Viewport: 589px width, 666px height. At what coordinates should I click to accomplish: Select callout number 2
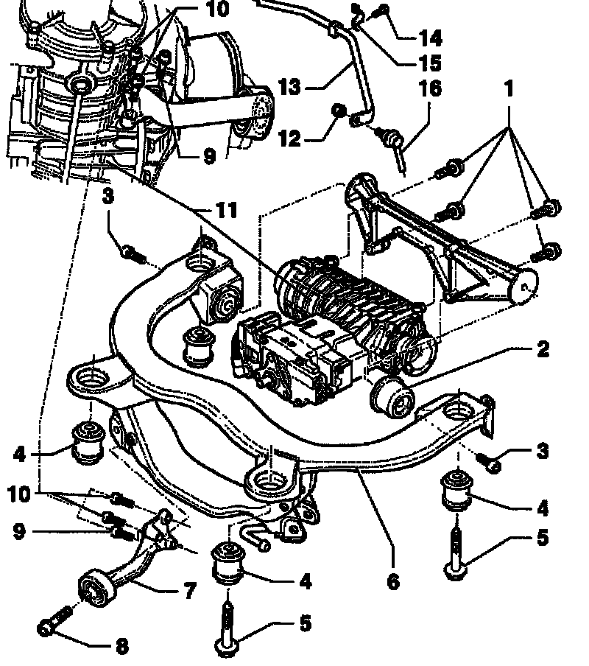542,348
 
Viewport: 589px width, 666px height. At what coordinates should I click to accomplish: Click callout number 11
226,211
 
